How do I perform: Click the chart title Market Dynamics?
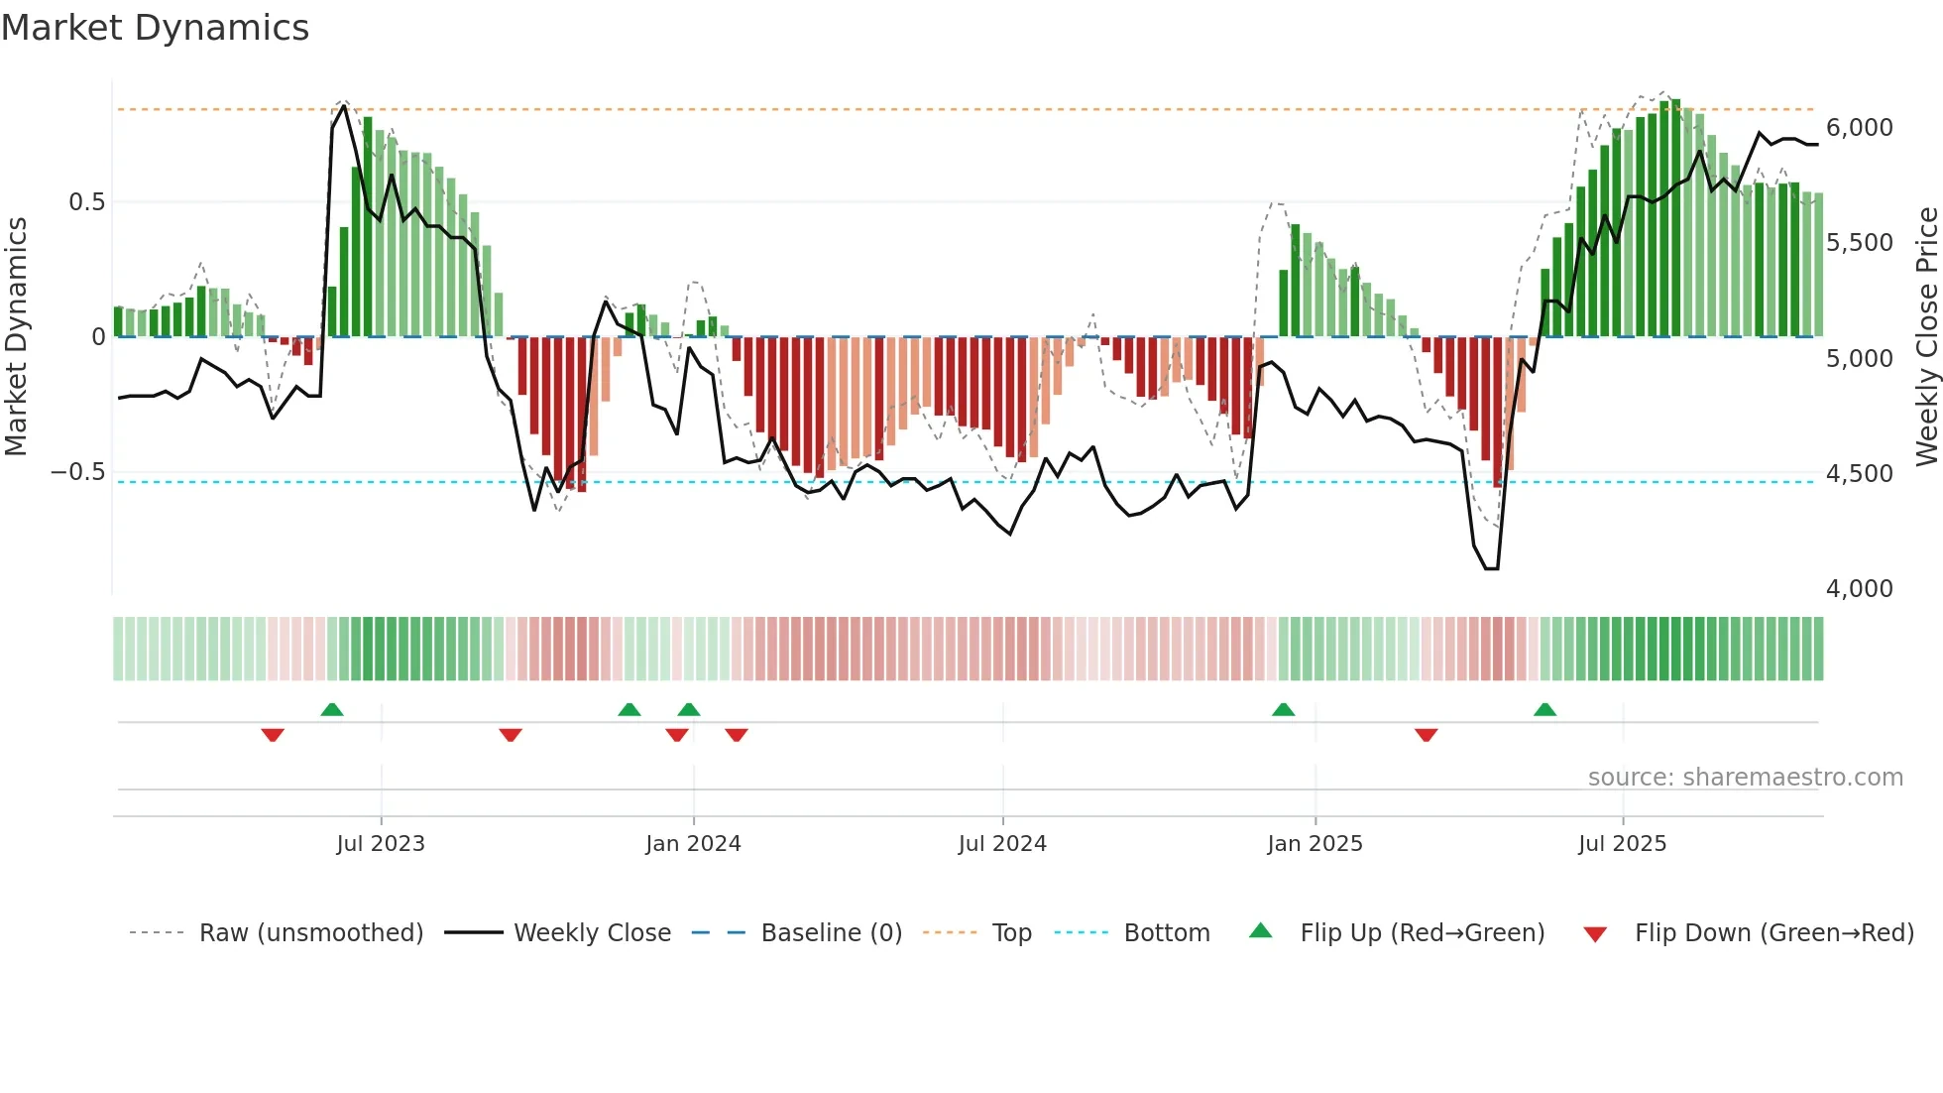(155, 28)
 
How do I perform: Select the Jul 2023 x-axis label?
(381, 844)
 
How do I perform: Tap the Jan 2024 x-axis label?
(693, 844)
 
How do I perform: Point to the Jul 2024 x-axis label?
(1002, 844)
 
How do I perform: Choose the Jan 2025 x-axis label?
(1314, 844)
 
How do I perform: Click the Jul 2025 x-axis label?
(1623, 844)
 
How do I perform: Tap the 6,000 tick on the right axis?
(1860, 128)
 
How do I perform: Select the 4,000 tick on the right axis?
(1860, 589)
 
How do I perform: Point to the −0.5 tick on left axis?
(77, 472)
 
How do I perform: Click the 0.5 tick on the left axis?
(86, 202)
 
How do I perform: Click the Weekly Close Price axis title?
(1926, 337)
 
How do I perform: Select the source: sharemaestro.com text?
(1745, 778)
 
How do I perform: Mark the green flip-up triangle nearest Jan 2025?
(1283, 709)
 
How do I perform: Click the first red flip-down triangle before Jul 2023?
(273, 735)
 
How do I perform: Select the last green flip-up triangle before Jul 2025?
(1544, 709)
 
